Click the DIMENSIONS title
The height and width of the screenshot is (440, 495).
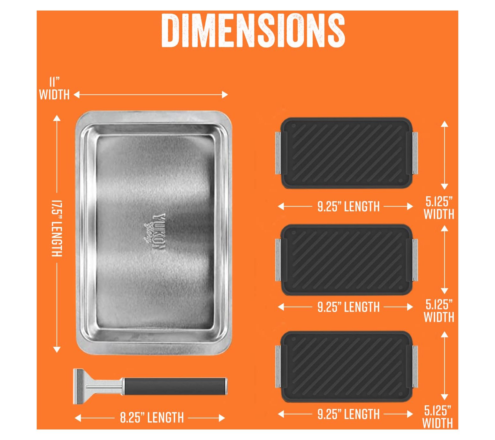(x=253, y=31)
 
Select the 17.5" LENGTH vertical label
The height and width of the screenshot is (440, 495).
(x=57, y=228)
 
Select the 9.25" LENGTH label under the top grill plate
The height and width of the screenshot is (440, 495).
(x=348, y=207)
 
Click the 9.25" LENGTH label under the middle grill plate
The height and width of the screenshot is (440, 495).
(x=348, y=307)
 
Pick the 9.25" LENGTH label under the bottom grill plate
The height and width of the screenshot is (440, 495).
(x=348, y=414)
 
